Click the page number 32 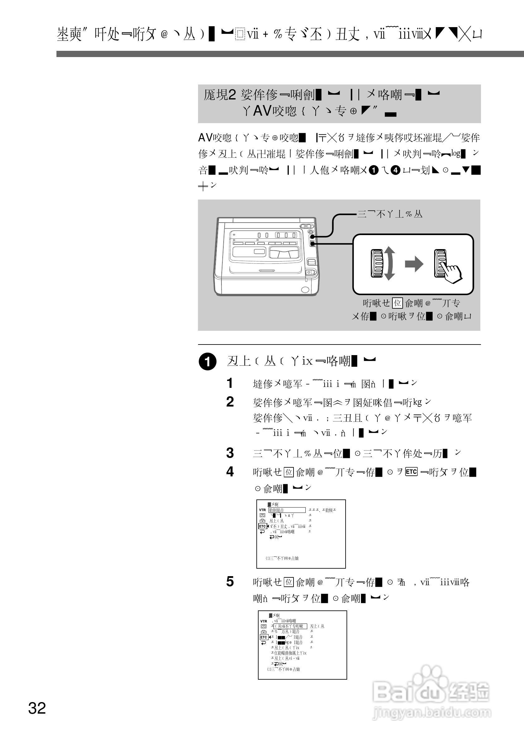point(37,708)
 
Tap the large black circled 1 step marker point(207,362)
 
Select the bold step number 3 point(230,453)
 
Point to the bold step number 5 point(230,581)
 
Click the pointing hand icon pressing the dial point(452,273)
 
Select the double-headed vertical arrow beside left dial point(390,263)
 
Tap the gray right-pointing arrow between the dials point(414,264)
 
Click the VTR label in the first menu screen point(262,510)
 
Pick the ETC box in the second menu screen point(264,637)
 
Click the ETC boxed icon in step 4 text point(411,472)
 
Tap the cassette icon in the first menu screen point(262,515)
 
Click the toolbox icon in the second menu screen point(264,632)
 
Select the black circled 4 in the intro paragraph point(395,170)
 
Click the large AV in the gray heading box point(261,111)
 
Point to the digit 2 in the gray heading point(232,95)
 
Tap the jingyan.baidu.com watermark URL point(432,712)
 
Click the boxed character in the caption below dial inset point(397,303)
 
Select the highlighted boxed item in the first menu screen point(287,510)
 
